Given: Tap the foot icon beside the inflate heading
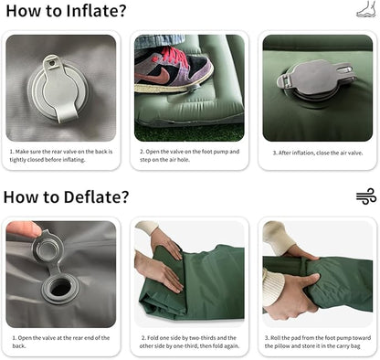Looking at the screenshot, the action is tap(366, 9).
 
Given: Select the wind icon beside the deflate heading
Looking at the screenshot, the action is tap(366, 196).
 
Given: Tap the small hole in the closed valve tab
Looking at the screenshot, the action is tap(52, 63).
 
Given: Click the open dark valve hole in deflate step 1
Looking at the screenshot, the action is tap(60, 288).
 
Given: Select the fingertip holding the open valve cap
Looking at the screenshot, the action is tap(25, 229).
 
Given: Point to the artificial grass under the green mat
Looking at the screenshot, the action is tap(189, 132).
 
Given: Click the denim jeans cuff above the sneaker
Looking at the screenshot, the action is tap(159, 41).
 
